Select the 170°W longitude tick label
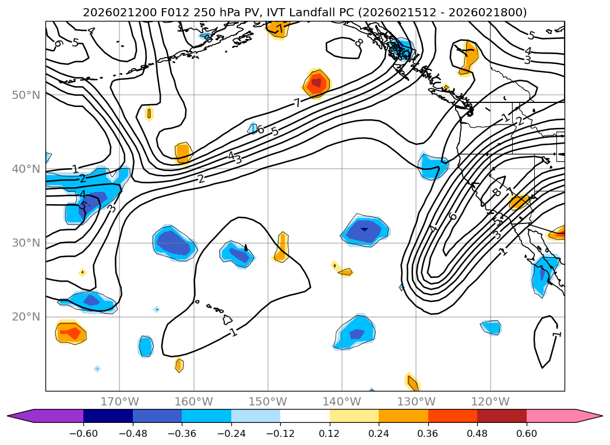119,401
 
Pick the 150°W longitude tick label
268,401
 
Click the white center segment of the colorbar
305,415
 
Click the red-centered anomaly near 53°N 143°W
316,83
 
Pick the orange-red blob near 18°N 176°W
70,333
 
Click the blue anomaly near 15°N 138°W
354,333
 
